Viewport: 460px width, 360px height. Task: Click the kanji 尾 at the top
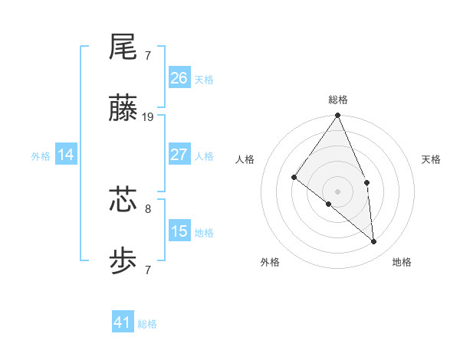(x=123, y=47)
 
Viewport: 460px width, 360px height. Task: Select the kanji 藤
(x=123, y=110)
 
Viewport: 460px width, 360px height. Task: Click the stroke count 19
(x=148, y=117)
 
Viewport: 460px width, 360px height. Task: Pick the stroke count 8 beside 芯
(x=147, y=207)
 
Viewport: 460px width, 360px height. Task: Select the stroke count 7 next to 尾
(x=147, y=55)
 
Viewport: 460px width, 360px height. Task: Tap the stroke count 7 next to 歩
(x=147, y=270)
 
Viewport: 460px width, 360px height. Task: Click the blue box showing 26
(x=179, y=77)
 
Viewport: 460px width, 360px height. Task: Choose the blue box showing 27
(x=179, y=155)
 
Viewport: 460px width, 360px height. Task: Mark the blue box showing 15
(x=179, y=231)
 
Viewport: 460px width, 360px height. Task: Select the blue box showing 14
(x=66, y=155)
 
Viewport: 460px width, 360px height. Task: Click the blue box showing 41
(x=123, y=322)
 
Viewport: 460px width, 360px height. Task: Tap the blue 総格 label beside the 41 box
(x=147, y=324)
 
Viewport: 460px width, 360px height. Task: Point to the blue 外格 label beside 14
(x=41, y=156)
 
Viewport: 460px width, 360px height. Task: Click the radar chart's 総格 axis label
(x=338, y=100)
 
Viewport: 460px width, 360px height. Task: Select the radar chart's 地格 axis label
(x=402, y=262)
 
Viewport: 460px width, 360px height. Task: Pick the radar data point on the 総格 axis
(x=338, y=116)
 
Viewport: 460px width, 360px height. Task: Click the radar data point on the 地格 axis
(x=374, y=241)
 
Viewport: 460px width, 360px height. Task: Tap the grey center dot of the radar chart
(x=338, y=191)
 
